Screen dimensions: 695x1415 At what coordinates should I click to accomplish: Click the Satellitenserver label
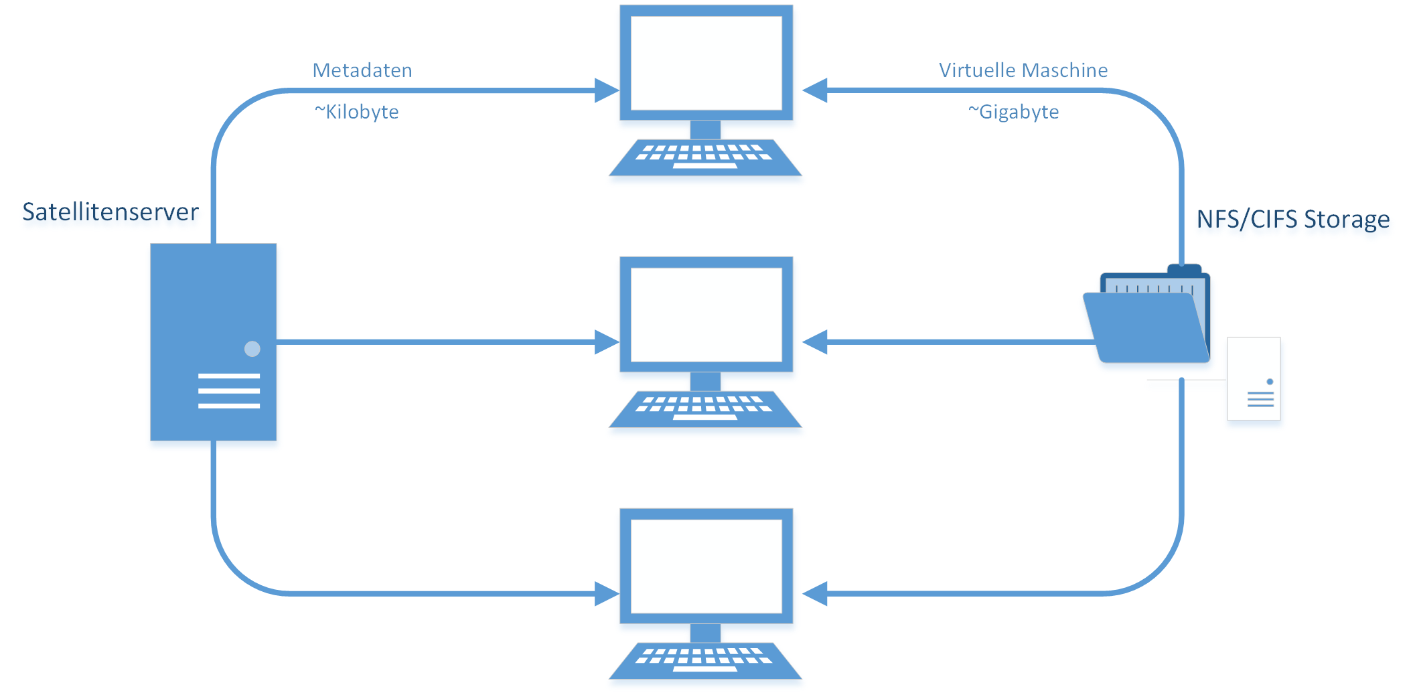(x=110, y=212)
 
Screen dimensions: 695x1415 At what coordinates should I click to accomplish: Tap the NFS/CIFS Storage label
(x=1292, y=219)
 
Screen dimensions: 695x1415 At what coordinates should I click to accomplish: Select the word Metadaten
(x=362, y=70)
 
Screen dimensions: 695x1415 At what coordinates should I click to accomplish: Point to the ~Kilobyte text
(x=357, y=112)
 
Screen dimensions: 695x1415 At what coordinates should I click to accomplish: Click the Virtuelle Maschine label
(x=1023, y=70)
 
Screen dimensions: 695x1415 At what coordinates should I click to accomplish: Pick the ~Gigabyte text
(x=1013, y=112)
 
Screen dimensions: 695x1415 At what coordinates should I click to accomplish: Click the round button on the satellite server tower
(x=252, y=349)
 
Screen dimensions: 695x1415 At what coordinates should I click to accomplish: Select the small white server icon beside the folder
(x=1254, y=379)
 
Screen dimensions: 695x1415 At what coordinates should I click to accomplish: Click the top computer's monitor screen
(x=706, y=63)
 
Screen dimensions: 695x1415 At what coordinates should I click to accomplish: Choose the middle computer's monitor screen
(x=706, y=315)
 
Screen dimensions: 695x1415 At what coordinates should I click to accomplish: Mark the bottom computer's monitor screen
(x=706, y=566)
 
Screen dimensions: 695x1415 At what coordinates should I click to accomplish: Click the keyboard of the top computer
(x=705, y=157)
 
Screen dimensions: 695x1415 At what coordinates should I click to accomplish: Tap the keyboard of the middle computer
(x=705, y=409)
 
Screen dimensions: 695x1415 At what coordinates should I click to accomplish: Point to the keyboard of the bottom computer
(x=705, y=661)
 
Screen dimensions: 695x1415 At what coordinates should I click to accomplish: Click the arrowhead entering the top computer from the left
(x=606, y=90)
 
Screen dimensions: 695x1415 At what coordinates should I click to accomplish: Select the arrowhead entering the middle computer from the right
(x=815, y=342)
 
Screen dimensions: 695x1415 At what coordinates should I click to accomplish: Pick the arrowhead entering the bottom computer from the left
(x=606, y=594)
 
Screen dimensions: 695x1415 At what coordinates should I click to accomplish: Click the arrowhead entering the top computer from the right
(x=815, y=90)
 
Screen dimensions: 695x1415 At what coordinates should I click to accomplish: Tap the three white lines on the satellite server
(x=229, y=391)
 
